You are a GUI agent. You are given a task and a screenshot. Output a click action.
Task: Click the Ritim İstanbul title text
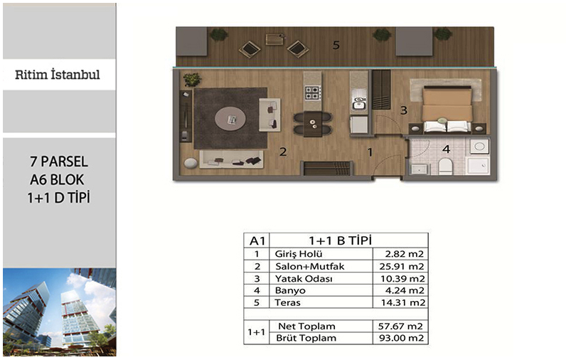point(58,75)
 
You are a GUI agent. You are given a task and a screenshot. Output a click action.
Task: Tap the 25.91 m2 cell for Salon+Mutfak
point(402,267)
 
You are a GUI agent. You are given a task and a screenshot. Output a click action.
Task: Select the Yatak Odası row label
point(304,279)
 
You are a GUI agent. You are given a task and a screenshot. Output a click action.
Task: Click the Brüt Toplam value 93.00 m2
point(401,338)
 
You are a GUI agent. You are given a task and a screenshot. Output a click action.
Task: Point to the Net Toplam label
point(306,326)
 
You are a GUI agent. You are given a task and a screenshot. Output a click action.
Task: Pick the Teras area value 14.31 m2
point(403,302)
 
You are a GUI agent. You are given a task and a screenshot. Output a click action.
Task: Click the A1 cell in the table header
point(257,240)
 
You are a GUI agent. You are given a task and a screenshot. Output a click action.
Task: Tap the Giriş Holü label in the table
point(299,254)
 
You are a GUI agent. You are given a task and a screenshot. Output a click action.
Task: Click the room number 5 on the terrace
point(336,45)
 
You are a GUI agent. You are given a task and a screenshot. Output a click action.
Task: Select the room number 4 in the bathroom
point(447,149)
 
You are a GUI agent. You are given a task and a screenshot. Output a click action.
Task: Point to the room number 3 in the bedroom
point(404,110)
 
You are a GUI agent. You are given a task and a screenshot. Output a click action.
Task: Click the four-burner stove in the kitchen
point(313,92)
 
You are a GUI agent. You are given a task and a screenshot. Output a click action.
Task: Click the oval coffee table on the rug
point(230,119)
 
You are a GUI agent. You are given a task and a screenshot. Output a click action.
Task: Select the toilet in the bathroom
point(445,166)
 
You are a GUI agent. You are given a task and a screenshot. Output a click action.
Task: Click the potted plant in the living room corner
point(192,79)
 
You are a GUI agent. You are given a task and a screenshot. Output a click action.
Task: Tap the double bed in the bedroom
point(447,109)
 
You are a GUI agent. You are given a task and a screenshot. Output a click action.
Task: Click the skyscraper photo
point(60,312)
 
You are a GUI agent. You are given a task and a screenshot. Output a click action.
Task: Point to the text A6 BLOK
point(57,179)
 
